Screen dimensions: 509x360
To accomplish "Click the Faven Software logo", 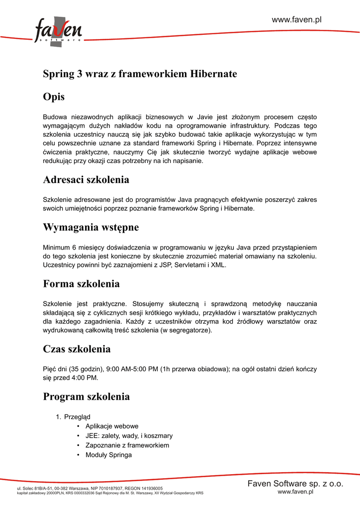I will pos(58,32).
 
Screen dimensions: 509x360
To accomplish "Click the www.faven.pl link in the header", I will pos(297,19).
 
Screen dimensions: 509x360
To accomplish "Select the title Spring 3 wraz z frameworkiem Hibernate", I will pos(140,74).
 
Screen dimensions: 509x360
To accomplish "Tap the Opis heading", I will pos(54,97).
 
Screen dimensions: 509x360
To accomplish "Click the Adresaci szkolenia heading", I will pos(86,179).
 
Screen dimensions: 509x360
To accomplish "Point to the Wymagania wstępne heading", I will pos(90,227).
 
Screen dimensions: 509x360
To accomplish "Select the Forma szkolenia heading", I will pos(81,284).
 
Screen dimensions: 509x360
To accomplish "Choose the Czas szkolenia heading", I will pos(77,349).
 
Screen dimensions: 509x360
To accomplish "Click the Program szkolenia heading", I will pos(86,397).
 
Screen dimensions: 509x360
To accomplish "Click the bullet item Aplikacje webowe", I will pos(112,426).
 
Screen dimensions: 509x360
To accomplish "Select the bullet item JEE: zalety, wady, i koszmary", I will pos(129,435).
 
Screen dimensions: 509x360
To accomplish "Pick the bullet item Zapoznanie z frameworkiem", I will pos(127,445).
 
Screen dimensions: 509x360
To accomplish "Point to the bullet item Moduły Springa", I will pos(108,454).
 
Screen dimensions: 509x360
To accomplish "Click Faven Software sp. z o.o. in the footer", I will pos(295,484).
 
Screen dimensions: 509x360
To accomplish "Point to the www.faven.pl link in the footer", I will pos(295,492).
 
